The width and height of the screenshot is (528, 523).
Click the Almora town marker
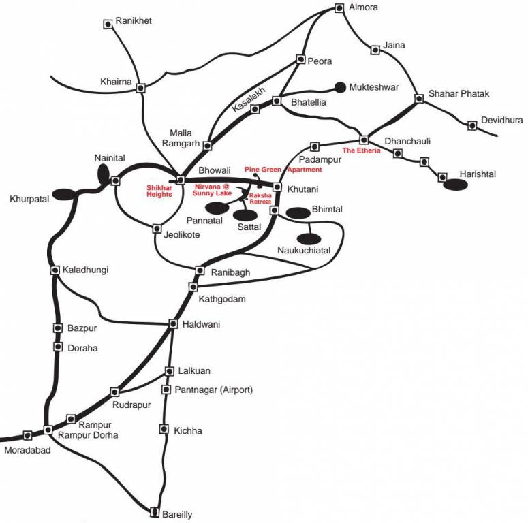pos(339,8)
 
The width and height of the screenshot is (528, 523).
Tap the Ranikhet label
pos(134,20)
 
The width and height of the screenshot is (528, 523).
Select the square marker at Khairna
pos(141,88)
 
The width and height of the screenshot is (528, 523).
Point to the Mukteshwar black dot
pos(340,87)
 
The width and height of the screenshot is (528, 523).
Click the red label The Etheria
pos(361,150)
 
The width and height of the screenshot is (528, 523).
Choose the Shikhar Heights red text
pos(159,191)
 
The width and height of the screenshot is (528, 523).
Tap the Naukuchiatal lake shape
pos(309,238)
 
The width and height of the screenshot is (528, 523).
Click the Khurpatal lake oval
pos(65,194)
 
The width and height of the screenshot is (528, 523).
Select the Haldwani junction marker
pos(173,323)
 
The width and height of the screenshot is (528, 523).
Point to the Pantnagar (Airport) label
pos(213,390)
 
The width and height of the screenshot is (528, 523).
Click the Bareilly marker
pos(155,511)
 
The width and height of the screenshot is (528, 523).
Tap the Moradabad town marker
pos(28,435)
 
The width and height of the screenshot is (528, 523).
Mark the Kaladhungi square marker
pos(55,270)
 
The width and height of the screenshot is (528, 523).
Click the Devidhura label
pos(501,120)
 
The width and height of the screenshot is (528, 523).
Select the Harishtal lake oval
pos(455,185)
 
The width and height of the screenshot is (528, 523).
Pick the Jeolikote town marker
pos(157,229)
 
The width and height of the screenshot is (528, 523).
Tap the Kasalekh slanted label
pos(249,99)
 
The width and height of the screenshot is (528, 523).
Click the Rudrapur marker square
pos(115,392)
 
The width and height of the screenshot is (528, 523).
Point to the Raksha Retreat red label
pos(260,198)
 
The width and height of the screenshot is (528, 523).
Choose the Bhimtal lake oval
pos(298,212)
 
